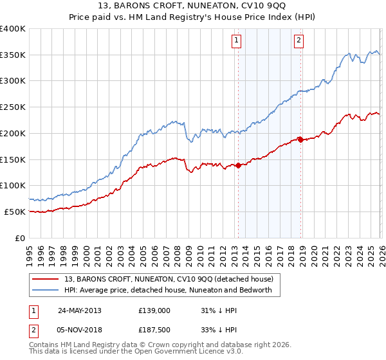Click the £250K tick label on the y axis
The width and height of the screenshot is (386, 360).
[13, 107]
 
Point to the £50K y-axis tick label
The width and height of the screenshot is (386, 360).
[15, 212]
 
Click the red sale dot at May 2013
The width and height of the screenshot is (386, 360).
[238, 165]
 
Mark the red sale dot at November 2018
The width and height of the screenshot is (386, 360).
[300, 139]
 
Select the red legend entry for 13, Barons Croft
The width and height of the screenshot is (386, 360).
[169, 279]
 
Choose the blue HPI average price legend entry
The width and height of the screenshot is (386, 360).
[169, 290]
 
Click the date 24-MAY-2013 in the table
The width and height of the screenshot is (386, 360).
[79, 310]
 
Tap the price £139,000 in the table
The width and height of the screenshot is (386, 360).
[154, 310]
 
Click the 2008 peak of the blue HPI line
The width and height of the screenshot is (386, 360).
[174, 120]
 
